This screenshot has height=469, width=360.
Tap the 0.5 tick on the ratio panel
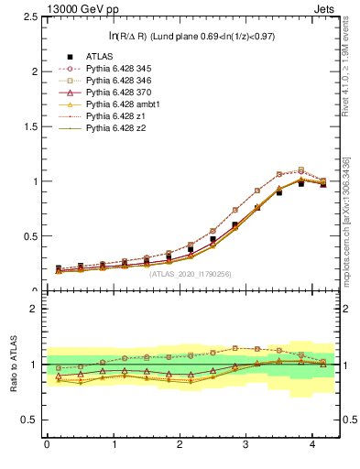[x=30, y=420]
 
